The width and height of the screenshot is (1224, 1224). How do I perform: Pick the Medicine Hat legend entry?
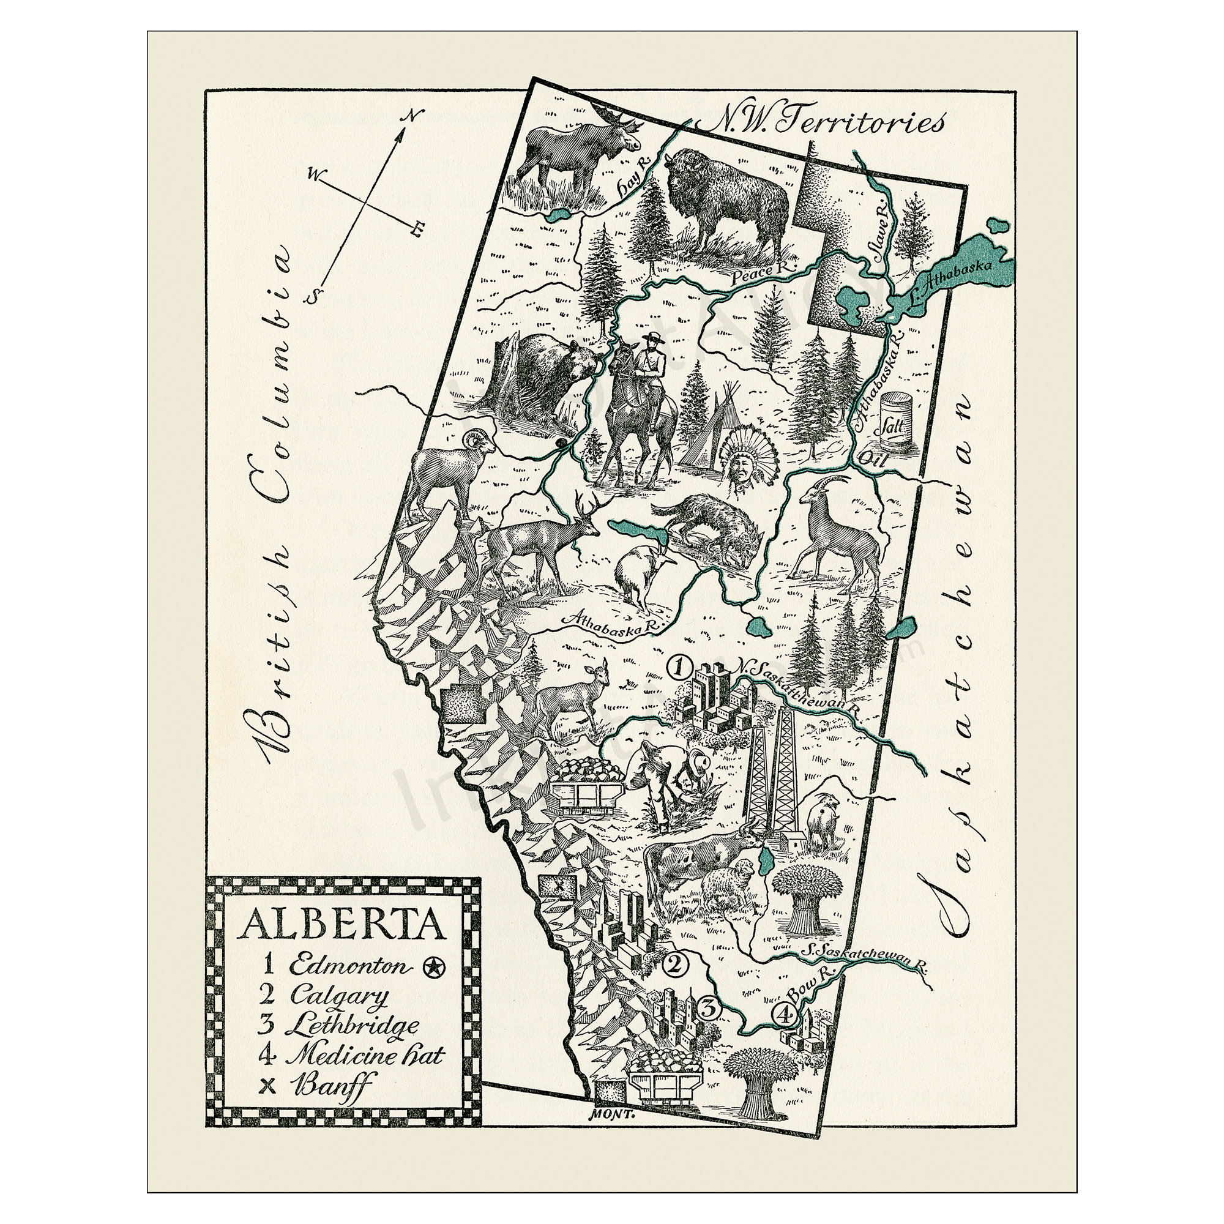pyautogui.click(x=364, y=1055)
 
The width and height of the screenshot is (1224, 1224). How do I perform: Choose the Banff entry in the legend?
pyautogui.click(x=330, y=1085)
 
